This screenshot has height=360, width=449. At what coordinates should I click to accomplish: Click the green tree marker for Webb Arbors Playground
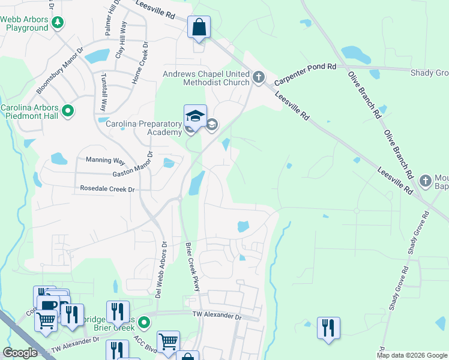(x=58, y=23)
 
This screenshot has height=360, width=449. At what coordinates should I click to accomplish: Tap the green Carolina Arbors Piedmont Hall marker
(x=68, y=110)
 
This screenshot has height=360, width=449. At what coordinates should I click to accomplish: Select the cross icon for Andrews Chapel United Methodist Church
(x=259, y=76)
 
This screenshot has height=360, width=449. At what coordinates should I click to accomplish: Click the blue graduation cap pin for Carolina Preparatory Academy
(x=195, y=116)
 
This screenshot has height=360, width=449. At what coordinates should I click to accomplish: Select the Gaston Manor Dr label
(x=134, y=166)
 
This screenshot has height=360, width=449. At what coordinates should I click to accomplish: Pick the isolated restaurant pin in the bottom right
(x=328, y=328)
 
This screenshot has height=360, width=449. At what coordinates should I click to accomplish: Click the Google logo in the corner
(x=20, y=353)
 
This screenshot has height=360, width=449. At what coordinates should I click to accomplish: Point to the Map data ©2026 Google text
(x=411, y=355)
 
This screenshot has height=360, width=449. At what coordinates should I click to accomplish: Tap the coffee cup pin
(x=48, y=304)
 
